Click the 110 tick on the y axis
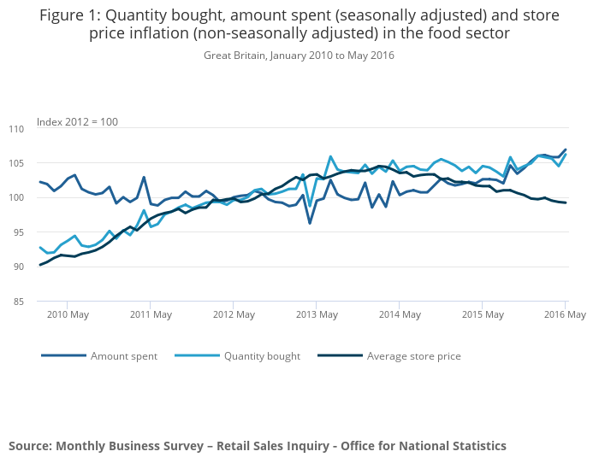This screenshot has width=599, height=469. pyautogui.click(x=16, y=128)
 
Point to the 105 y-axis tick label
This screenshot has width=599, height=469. pyautogui.click(x=16, y=163)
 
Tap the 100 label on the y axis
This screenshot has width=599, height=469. pyautogui.click(x=16, y=197)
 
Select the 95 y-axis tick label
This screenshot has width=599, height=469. pyautogui.click(x=19, y=232)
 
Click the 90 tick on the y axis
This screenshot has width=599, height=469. pyautogui.click(x=19, y=267)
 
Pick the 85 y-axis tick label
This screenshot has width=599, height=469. pyautogui.click(x=19, y=302)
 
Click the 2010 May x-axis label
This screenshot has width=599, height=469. pyautogui.click(x=68, y=314)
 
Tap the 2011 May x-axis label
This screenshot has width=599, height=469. pyautogui.click(x=151, y=314)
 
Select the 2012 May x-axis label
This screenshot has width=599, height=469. pyautogui.click(x=234, y=314)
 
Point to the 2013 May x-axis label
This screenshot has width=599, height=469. pyautogui.click(x=317, y=314)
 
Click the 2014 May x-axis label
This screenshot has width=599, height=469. pyautogui.click(x=400, y=314)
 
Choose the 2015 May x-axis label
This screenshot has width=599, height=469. pyautogui.click(x=483, y=314)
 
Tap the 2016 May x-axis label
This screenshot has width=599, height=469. pyautogui.click(x=564, y=314)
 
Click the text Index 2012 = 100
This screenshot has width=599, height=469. pyautogui.click(x=78, y=122)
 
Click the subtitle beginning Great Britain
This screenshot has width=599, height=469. pyautogui.click(x=299, y=55)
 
